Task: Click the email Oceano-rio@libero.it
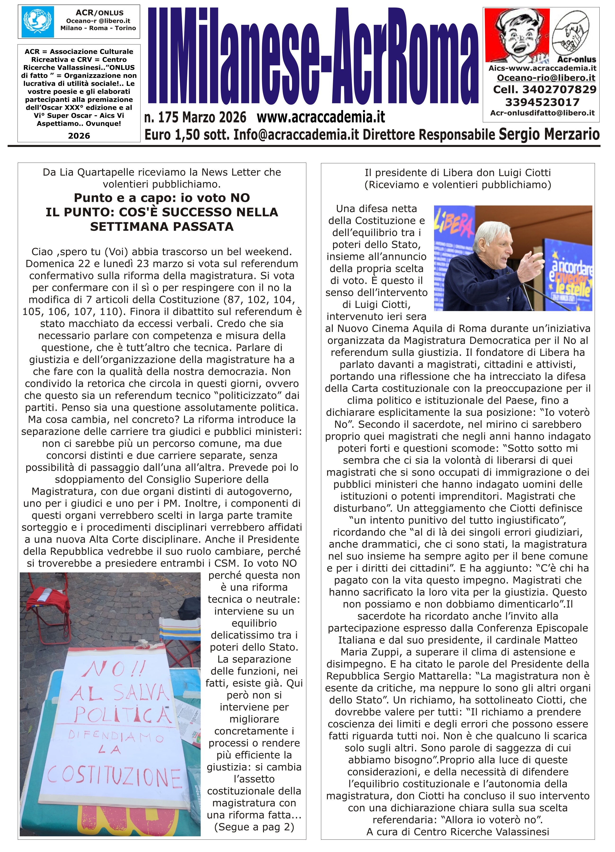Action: click(546, 78)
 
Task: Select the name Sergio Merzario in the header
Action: click(549, 134)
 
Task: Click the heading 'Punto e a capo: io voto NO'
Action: click(162, 198)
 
